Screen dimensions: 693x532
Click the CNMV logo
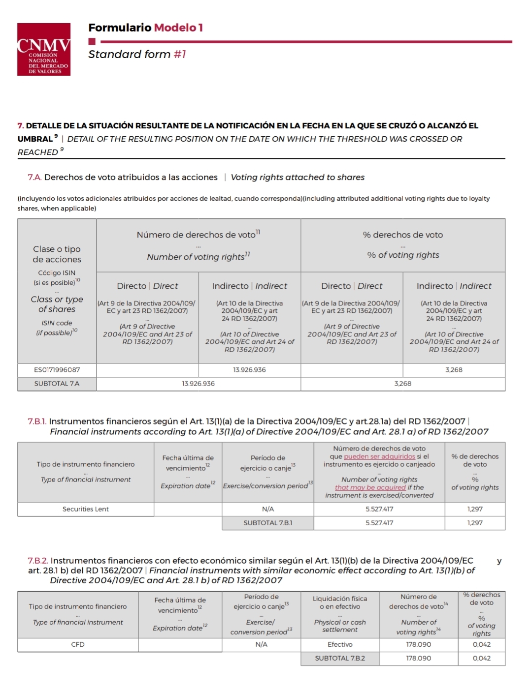click(x=44, y=49)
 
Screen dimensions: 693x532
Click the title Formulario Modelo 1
click(x=145, y=28)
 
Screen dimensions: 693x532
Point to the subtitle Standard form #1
click(x=137, y=54)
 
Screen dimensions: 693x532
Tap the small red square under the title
click(x=92, y=42)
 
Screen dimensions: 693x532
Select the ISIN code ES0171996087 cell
click(x=57, y=370)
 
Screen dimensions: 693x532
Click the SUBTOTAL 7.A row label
click(x=57, y=384)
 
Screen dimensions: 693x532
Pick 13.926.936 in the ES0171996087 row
click(x=249, y=370)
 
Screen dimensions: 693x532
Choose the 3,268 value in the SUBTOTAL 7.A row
click(x=402, y=384)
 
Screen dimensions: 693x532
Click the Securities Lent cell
click(x=85, y=509)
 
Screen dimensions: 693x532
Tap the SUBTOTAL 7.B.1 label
click(x=267, y=523)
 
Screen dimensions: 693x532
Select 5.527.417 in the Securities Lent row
click(x=379, y=509)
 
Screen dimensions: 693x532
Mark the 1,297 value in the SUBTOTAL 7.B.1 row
click(x=475, y=523)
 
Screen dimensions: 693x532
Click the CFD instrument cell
click(x=78, y=644)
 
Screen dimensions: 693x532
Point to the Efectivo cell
click(x=340, y=644)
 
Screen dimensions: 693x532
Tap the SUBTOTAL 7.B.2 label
click(x=340, y=658)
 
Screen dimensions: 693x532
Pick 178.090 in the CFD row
click(x=418, y=644)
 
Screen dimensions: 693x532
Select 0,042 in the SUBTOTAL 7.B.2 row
click(x=481, y=658)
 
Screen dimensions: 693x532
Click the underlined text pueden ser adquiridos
click(x=379, y=456)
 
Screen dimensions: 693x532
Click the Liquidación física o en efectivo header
click(x=340, y=603)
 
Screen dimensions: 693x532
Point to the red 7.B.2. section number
click(x=38, y=561)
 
